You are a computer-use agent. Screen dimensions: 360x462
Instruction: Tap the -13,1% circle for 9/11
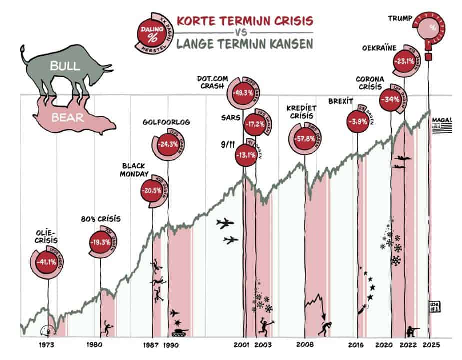(245, 154)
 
